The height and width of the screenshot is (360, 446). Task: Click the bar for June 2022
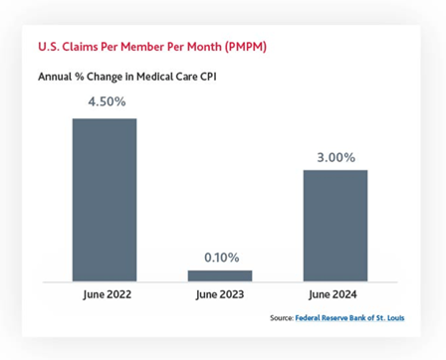coord(105,200)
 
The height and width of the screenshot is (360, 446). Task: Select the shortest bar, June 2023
coord(220,275)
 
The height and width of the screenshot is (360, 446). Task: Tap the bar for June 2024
coord(335,226)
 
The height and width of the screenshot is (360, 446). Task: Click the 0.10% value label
coord(221,258)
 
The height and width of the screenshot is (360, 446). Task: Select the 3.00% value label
coord(335,156)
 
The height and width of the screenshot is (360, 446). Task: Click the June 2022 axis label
coord(105,295)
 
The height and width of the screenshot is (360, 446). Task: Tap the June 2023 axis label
coord(220,295)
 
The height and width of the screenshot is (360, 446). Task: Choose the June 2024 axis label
coord(335,295)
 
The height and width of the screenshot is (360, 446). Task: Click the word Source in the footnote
coord(281,319)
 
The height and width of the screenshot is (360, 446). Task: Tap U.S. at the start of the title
coord(47,47)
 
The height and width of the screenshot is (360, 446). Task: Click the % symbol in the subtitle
coord(81,76)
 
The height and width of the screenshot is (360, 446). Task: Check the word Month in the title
coord(200,47)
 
